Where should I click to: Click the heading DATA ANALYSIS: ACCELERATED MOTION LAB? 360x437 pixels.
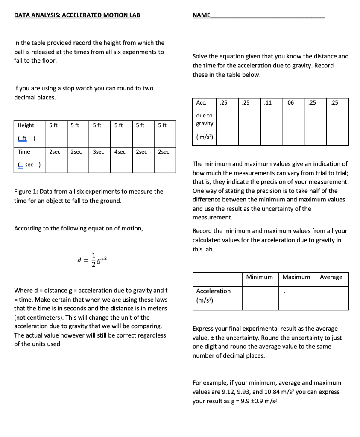[x=77, y=15]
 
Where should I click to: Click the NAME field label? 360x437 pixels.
[x=201, y=15]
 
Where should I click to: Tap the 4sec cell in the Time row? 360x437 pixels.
[x=120, y=151]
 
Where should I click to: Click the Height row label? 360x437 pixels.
[x=26, y=125]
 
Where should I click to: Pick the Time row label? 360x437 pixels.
[x=24, y=151]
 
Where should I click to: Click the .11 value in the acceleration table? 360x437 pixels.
[x=268, y=102]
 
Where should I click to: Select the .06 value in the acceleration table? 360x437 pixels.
[x=290, y=102]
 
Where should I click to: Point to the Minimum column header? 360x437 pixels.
[x=260, y=277]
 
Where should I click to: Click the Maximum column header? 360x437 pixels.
[x=296, y=277]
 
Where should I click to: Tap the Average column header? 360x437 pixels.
[x=331, y=277]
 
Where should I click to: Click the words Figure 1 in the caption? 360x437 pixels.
[x=26, y=192]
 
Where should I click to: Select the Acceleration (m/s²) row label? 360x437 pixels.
[x=213, y=295]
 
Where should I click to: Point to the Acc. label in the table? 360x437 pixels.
[x=201, y=102]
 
